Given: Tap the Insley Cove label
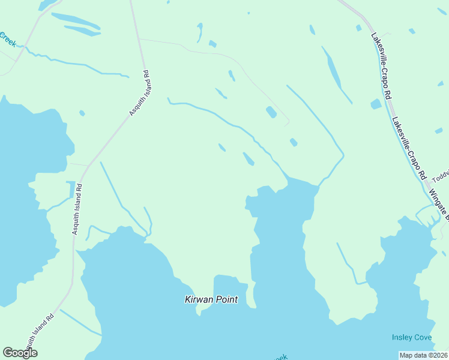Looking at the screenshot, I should pos(412,337).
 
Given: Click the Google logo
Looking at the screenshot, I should pos(20,353).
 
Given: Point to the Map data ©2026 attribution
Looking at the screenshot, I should pos(423,355).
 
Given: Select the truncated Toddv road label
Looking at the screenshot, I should pos(441,175).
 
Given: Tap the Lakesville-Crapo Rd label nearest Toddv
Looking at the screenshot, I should pos(409,148).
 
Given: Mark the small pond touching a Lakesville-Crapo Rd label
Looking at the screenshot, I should pos(376,104).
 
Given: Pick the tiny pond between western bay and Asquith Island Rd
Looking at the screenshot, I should pos(82,113).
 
